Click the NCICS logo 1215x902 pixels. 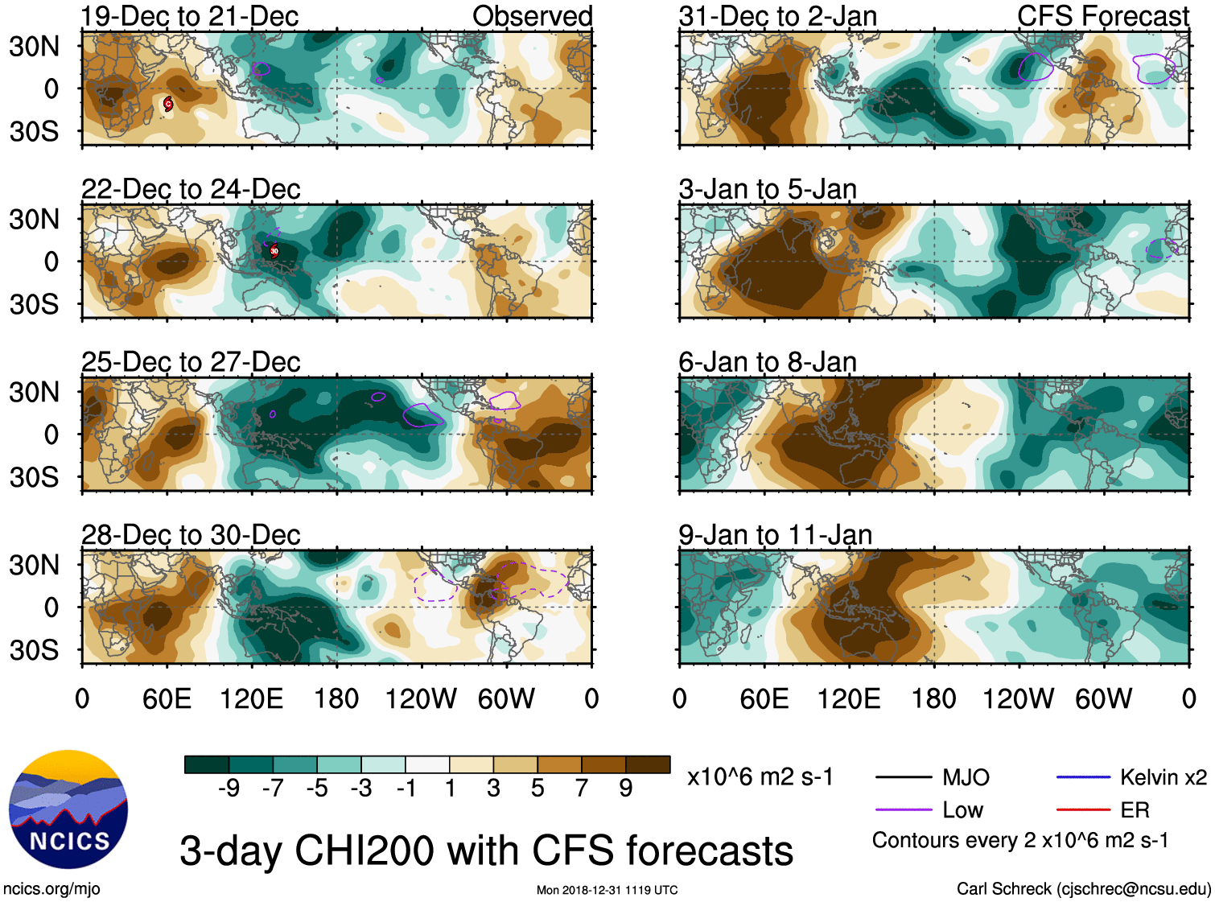[68, 809]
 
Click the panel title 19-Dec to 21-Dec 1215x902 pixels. [190, 16]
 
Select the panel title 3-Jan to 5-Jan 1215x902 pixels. [768, 190]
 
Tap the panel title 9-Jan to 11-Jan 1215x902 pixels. [775, 535]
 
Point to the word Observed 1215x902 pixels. [533, 16]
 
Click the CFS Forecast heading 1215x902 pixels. [1102, 16]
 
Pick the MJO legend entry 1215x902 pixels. [966, 777]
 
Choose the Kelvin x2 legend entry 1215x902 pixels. [1163, 777]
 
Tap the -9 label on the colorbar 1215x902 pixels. [229, 789]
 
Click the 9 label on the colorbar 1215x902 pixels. [626, 789]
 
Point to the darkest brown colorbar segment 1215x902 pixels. [648, 764]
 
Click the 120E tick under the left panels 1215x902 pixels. [252, 698]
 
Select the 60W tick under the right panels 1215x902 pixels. [1104, 698]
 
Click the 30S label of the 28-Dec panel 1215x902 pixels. [34, 649]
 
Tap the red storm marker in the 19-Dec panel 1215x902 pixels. [167, 103]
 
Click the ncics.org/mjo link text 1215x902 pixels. [51, 889]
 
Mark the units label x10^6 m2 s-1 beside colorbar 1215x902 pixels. [760, 777]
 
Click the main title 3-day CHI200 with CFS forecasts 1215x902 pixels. [486, 851]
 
